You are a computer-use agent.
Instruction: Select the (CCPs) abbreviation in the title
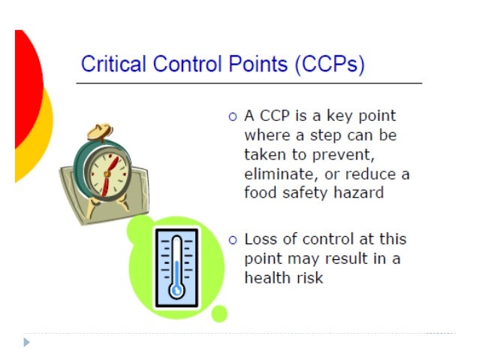click(330, 65)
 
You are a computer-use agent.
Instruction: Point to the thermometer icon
click(176, 267)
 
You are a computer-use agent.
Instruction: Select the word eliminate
click(279, 174)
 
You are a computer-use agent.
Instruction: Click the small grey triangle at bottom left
click(27, 342)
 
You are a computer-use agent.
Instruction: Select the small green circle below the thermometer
click(219, 313)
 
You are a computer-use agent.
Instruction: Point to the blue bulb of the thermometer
click(176, 289)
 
